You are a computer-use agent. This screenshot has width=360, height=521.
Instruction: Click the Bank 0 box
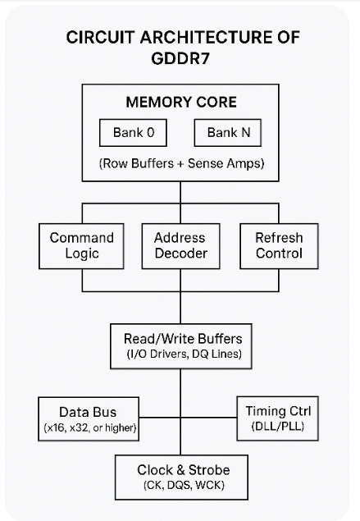[x=133, y=133]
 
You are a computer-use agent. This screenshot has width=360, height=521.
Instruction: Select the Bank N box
[x=228, y=133]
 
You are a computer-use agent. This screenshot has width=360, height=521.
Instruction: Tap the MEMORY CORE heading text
[x=181, y=102]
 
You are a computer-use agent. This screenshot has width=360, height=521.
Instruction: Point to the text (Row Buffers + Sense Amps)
[x=181, y=163]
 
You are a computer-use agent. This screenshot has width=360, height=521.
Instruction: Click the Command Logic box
[x=82, y=246]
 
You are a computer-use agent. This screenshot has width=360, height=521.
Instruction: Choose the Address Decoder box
[x=181, y=246]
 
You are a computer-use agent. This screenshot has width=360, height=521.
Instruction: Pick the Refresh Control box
[x=279, y=246]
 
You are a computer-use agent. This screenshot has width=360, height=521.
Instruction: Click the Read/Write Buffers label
[x=183, y=339]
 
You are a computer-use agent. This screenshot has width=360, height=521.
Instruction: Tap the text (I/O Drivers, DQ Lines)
[x=184, y=354]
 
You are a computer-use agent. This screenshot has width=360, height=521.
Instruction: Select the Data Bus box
[x=89, y=418]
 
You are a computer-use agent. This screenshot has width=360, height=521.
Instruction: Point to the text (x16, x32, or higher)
[x=90, y=427]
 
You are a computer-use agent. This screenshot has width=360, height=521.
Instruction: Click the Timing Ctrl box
[x=278, y=418]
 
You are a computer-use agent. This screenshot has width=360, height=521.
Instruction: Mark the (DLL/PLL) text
[x=278, y=426]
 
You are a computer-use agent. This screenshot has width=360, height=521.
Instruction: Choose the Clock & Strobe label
[x=184, y=470]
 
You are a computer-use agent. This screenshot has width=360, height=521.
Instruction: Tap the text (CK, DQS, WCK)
[x=184, y=485]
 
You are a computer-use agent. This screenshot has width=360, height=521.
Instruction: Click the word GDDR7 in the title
[x=180, y=59]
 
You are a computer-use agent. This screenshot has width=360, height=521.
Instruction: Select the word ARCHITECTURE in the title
[x=206, y=37]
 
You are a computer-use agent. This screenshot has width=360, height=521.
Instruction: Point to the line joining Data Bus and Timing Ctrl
[x=188, y=418]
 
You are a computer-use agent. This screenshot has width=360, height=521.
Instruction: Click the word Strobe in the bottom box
[x=209, y=470]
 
